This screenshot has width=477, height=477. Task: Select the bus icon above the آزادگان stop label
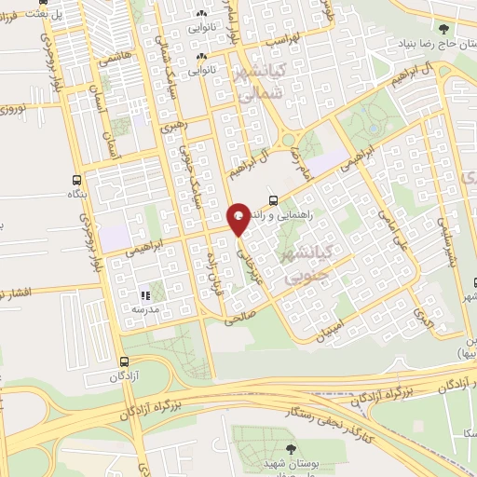(125, 361)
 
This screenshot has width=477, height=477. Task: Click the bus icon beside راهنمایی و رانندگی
(273, 199)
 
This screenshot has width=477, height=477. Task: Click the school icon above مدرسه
(144, 295)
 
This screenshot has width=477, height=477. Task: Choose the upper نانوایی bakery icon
(202, 13)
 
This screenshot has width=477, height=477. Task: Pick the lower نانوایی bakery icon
(204, 57)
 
